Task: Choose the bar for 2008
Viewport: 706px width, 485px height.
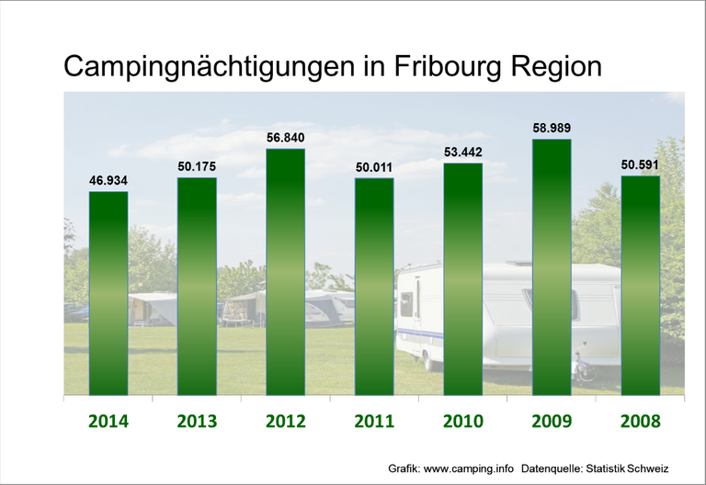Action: point(641,286)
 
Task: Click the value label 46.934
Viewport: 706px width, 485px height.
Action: point(108,181)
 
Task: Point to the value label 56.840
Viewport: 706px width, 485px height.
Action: point(285,138)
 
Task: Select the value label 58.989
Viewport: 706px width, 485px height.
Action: point(552,128)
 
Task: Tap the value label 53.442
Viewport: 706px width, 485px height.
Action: point(463,152)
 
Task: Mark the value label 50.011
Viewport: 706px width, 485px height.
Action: point(374,167)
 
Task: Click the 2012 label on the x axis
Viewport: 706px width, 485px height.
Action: point(286,422)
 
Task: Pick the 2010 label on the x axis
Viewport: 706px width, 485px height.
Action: point(463,422)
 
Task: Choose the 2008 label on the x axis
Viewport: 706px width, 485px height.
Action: point(641,422)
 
